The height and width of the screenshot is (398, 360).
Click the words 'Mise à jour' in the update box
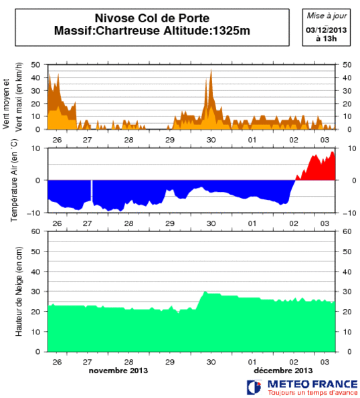click(323, 15)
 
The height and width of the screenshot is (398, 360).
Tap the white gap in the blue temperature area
click(92, 191)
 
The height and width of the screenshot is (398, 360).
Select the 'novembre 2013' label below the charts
click(118, 370)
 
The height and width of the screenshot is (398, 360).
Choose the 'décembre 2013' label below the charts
click(283, 370)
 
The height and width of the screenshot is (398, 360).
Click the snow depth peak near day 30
click(205, 292)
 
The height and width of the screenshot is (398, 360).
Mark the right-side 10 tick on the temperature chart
click(347, 148)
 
